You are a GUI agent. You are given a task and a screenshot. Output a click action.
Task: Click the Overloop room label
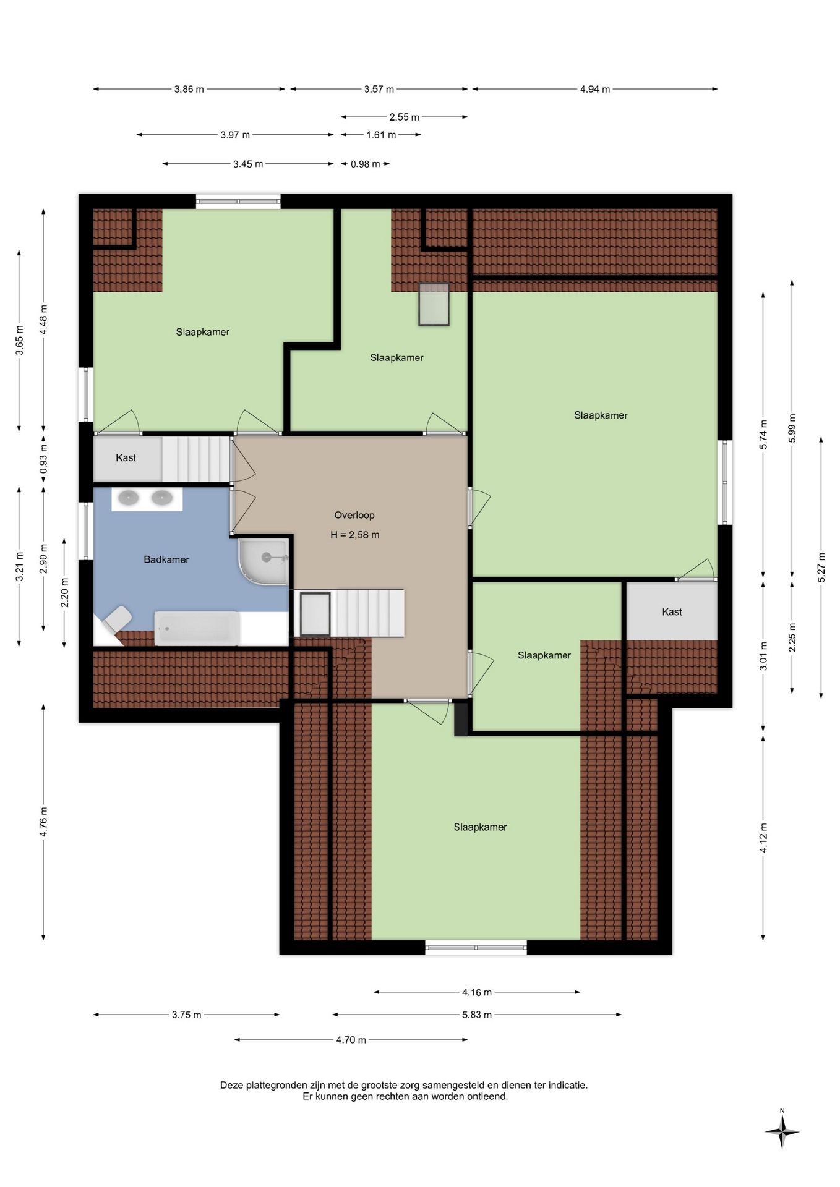coord(354,515)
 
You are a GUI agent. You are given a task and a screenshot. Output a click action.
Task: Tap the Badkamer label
coord(166,559)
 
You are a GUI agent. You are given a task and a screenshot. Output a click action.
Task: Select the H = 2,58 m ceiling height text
coord(355,535)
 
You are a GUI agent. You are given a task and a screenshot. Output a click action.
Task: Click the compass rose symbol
coord(782,1132)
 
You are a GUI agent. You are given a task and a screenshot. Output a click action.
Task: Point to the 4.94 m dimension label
coord(595,90)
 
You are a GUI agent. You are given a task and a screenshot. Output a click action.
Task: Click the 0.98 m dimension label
coord(366,164)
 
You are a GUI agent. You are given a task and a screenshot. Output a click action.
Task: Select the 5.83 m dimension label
coord(477,1015)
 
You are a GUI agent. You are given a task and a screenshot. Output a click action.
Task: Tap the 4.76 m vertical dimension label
coord(43,822)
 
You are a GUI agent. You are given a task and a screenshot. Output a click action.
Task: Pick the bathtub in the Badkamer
coord(197,628)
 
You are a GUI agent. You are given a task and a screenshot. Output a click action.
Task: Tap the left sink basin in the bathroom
coord(129,498)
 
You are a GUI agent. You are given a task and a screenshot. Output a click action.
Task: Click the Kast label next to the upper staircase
coord(126,458)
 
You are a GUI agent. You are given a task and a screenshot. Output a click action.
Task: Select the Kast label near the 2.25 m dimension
coord(672,612)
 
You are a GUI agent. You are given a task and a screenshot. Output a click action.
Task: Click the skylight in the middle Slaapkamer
coord(434,304)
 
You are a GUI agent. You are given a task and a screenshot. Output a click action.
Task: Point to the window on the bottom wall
coord(476,947)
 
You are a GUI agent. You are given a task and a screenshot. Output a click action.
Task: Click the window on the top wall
coord(238,201)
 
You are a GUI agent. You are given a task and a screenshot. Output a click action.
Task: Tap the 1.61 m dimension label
coord(381,135)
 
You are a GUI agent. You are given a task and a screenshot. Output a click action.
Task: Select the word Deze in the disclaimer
coord(232,1085)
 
